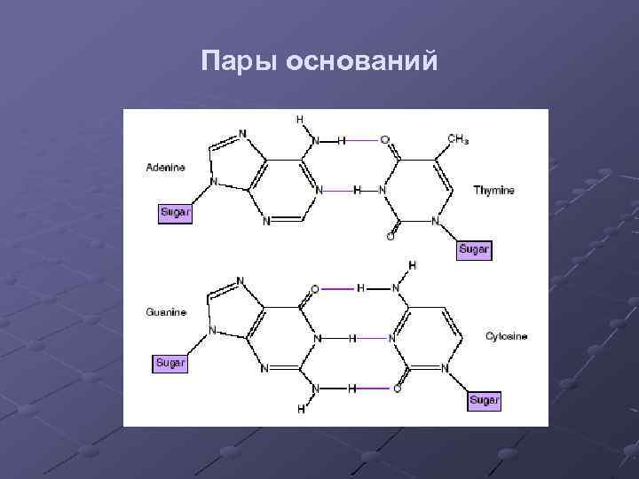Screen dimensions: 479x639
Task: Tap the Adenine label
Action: tap(166, 167)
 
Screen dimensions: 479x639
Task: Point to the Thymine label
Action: tap(493, 190)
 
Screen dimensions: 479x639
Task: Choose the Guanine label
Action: tap(166, 312)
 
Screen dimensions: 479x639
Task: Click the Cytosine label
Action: tap(507, 337)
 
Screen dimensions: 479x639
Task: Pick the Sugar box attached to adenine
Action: tap(175, 213)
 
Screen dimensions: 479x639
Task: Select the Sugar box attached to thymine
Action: tap(474, 249)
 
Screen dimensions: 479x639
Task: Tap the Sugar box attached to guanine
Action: tap(170, 362)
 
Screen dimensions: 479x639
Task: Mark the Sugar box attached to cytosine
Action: tap(485, 401)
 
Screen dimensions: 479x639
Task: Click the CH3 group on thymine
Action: tap(458, 139)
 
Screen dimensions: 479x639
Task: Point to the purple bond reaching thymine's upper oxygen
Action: tap(362, 140)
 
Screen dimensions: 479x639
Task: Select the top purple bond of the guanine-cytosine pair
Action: tap(339, 288)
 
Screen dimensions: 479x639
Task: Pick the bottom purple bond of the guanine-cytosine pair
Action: tap(373, 389)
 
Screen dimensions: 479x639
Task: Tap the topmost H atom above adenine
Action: tap(299, 119)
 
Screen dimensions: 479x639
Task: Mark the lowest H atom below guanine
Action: tap(301, 410)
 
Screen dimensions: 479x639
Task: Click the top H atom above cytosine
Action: tap(412, 265)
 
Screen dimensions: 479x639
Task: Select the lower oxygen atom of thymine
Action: tap(390, 237)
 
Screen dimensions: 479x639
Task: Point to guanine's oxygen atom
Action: tap(315, 288)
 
